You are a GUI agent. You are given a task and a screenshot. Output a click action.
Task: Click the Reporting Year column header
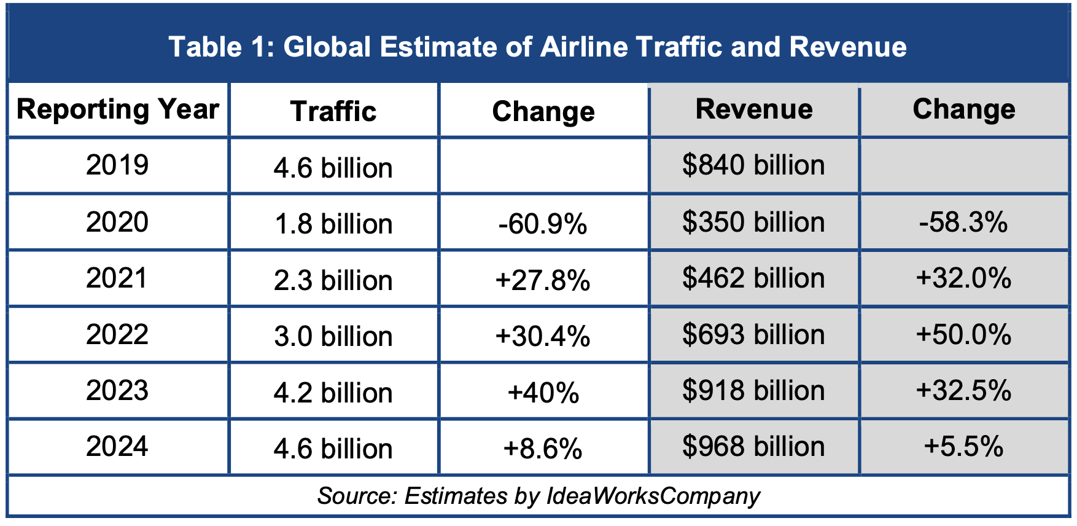[117, 109]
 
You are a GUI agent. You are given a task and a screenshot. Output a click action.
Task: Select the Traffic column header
[333, 111]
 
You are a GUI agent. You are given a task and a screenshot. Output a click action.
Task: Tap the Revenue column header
[754, 109]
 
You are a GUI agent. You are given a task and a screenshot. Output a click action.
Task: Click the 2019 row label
[117, 165]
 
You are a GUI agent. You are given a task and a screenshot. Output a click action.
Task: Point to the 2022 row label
[117, 334]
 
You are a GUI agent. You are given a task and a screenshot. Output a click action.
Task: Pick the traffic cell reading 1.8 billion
[333, 224]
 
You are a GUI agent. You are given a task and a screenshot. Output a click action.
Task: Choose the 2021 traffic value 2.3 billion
[333, 280]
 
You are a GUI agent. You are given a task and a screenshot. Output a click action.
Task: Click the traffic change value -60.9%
[543, 224]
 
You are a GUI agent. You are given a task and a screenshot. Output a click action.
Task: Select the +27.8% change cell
[543, 280]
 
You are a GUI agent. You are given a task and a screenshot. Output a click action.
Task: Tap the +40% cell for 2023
[543, 393]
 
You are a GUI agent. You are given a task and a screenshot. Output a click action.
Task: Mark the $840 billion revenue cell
[753, 165]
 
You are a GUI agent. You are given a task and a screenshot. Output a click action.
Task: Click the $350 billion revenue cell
[753, 222]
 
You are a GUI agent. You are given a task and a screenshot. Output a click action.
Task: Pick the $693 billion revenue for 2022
[753, 334]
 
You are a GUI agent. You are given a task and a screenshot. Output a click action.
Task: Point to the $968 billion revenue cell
[753, 446]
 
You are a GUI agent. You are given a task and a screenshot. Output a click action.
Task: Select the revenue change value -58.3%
[963, 222]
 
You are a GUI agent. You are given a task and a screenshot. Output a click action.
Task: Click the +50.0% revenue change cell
[963, 334]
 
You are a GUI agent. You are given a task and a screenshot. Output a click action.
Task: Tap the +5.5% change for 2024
[963, 446]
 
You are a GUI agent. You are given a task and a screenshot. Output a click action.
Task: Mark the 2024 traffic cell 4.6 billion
[333, 449]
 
